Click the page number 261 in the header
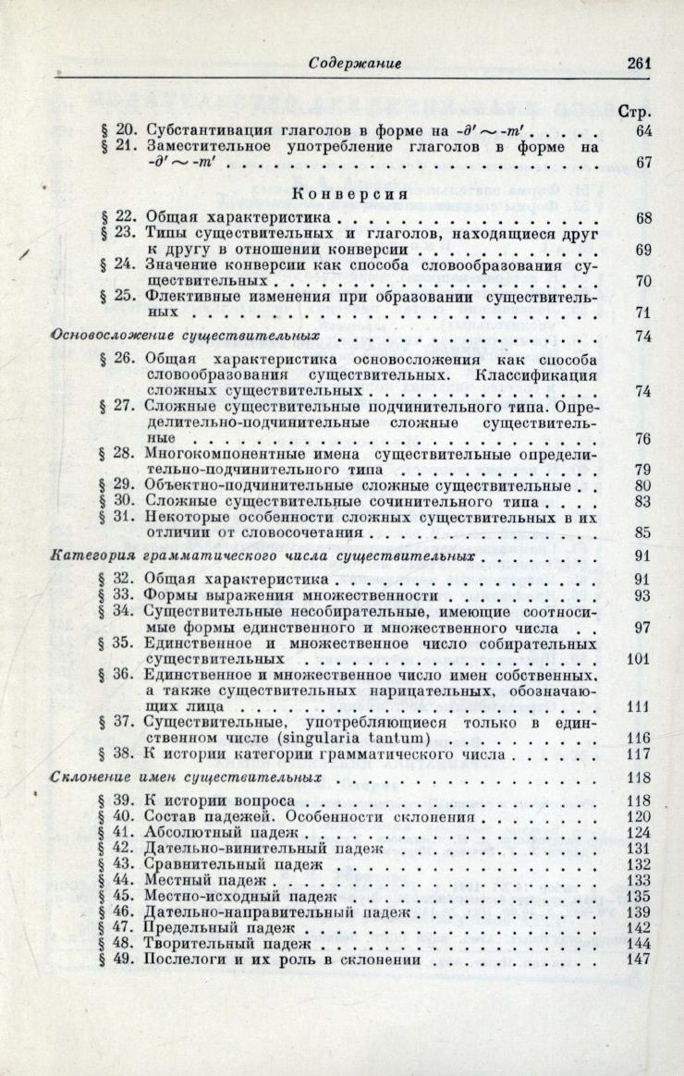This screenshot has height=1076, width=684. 639,64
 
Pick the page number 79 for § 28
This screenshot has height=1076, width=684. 643,469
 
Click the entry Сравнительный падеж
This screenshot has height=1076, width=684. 234,865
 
